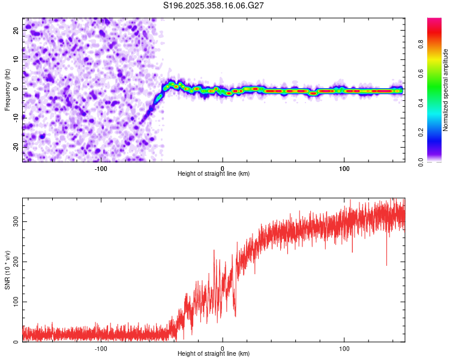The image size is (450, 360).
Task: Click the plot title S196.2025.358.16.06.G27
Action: [214, 5]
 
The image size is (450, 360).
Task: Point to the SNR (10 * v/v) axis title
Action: [8, 270]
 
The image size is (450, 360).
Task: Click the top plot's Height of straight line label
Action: [214, 173]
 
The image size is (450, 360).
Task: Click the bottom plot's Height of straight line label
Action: [214, 353]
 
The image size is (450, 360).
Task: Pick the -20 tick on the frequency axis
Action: [16, 146]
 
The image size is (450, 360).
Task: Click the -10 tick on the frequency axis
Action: [16, 118]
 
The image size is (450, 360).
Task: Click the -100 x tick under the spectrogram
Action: [100, 167]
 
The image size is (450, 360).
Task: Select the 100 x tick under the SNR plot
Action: [344, 348]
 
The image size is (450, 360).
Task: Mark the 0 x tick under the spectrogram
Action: [223, 167]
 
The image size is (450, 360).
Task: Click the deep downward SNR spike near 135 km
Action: [386, 263]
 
